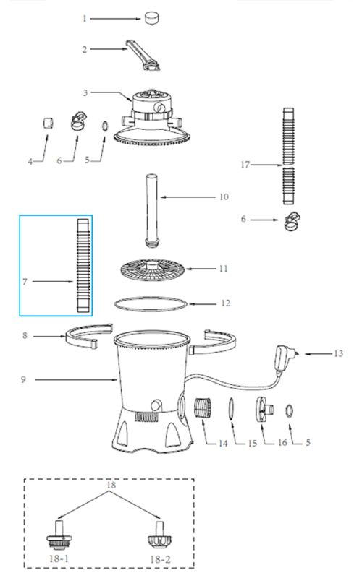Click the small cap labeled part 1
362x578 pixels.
pyautogui.click(x=151, y=18)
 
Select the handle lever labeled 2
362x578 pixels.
pyautogui.click(x=143, y=56)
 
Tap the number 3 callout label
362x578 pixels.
pyautogui.click(x=85, y=92)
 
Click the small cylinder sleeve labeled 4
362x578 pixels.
pyautogui.click(x=47, y=123)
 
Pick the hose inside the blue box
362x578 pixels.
pyautogui.click(x=83, y=265)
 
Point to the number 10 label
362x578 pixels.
pyautogui.click(x=224, y=197)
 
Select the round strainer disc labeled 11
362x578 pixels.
pyautogui.click(x=153, y=269)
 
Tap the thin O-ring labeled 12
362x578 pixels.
pyautogui.click(x=151, y=304)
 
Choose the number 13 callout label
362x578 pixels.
pyautogui.click(x=338, y=353)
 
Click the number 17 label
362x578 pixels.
pyautogui.click(x=245, y=165)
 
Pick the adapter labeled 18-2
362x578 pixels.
pyautogui.click(x=159, y=535)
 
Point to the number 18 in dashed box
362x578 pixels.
pyautogui.click(x=111, y=485)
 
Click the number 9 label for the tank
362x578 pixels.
pyautogui.click(x=23, y=379)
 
